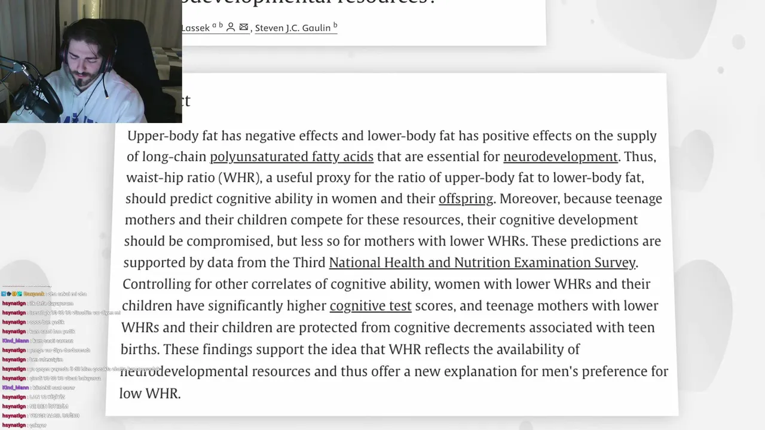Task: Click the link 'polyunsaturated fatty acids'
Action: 292,157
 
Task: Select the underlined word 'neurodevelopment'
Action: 561,157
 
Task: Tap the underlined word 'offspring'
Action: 466,199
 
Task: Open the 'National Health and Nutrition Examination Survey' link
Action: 482,263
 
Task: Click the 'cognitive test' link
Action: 371,306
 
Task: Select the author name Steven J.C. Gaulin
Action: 293,28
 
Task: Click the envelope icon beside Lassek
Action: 243,27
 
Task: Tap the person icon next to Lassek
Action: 230,27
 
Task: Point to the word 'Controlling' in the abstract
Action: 156,284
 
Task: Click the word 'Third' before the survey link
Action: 309,263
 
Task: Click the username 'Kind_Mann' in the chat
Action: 16,340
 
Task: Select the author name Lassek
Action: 195,28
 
